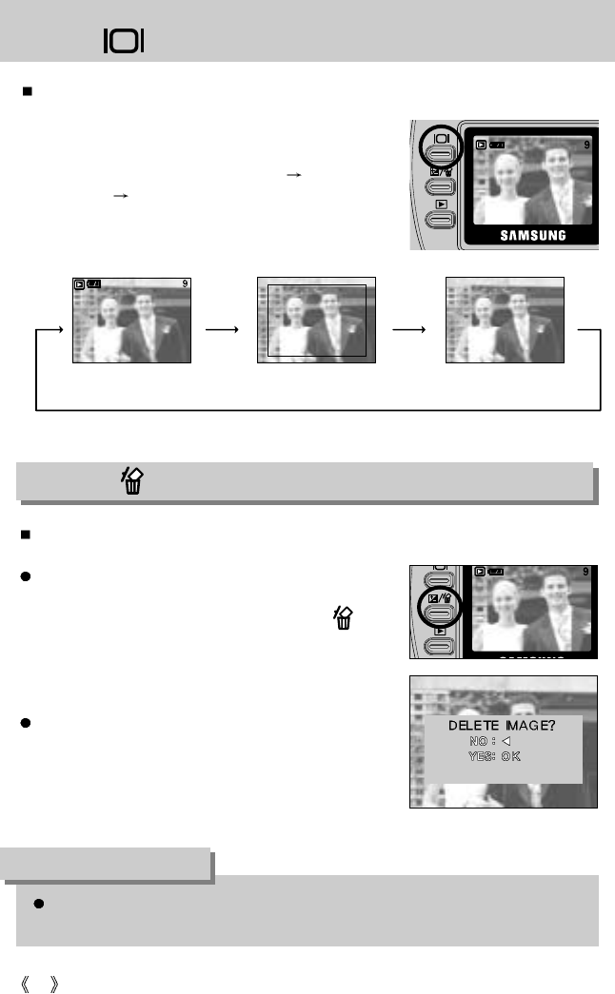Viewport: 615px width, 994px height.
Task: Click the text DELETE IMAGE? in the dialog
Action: point(501,725)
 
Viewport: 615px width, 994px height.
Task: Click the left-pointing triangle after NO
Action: point(506,740)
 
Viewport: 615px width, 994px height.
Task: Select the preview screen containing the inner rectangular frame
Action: point(317,321)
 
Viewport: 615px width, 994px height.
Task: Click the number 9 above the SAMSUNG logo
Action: point(588,146)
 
